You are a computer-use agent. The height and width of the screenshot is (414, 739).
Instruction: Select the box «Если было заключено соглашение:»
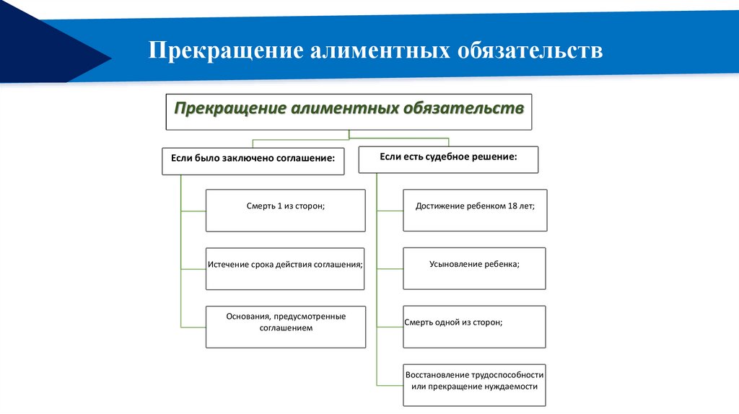click(x=253, y=160)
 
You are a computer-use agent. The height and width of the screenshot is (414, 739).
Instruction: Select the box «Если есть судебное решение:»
click(x=448, y=159)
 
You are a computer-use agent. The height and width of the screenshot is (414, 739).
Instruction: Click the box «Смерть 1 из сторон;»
click(x=285, y=210)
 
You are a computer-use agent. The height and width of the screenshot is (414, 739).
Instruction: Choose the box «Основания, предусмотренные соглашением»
click(x=285, y=327)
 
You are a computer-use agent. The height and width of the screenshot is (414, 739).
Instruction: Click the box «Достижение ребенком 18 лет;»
click(x=475, y=210)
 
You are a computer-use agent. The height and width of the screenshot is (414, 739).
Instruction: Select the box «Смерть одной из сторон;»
click(x=473, y=327)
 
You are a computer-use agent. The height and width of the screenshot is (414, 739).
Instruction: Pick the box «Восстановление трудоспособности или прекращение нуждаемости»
click(x=474, y=385)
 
